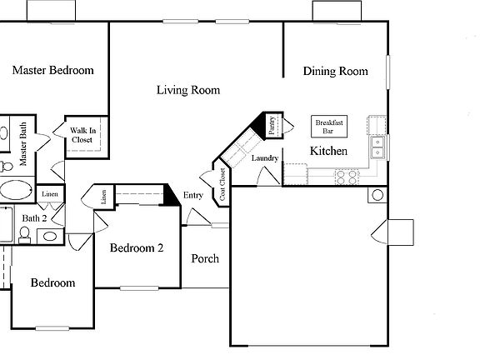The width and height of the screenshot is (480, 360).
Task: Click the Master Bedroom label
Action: (52, 71)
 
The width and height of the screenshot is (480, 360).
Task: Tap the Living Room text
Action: (188, 90)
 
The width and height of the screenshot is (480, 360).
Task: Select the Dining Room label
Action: (335, 72)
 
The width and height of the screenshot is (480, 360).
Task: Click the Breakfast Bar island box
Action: (328, 126)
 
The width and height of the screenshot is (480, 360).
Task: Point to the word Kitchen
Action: (328, 152)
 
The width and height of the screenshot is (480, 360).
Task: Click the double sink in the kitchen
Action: (378, 147)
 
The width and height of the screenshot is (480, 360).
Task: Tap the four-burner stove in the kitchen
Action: (346, 176)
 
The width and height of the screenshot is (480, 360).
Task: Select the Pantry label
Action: (272, 125)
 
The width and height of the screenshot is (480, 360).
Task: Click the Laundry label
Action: (264, 157)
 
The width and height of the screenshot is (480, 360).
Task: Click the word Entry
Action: (193, 195)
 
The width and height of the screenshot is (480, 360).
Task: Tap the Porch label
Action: (205, 258)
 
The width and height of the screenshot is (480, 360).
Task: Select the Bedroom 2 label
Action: (137, 247)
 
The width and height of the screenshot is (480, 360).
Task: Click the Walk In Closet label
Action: (82, 135)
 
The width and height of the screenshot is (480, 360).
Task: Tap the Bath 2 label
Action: (34, 218)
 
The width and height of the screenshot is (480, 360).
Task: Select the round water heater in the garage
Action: (377, 196)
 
